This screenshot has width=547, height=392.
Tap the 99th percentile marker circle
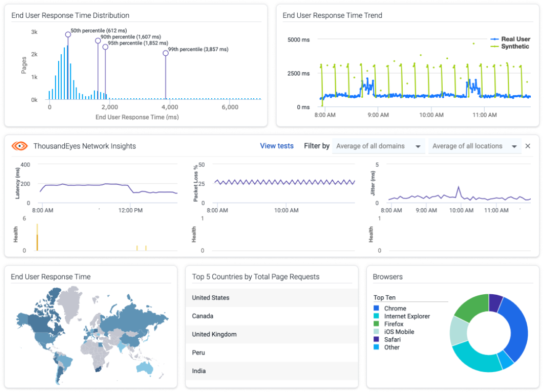coord(166,53)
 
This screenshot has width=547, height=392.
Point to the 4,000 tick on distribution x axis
coord(169,107)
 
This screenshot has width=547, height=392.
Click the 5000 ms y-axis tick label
coord(298,40)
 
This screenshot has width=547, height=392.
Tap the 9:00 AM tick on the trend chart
coord(378,115)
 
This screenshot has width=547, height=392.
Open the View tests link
coord(277,146)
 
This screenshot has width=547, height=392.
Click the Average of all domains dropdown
coord(378,146)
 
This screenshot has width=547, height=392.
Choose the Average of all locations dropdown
coord(474,146)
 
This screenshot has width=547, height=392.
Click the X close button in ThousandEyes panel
coord(528,146)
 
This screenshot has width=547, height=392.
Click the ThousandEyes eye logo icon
coord(19,146)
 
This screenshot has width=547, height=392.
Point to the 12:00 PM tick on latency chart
coord(130,210)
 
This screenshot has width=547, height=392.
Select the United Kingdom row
coord(214,334)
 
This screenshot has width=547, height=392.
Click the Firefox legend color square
coord(376,324)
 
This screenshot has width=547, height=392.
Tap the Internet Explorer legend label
coord(407,316)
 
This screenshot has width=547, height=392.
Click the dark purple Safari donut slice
coord(496,302)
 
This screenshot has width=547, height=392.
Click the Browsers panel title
coord(387,277)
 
